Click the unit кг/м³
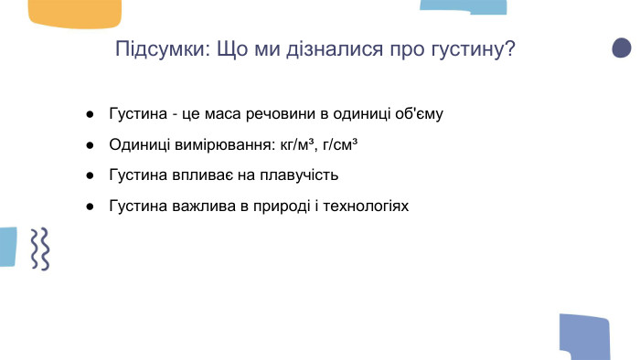tap(292, 145)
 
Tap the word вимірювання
tap(215, 145)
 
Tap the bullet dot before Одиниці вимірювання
tap(91, 145)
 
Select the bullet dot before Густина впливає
tap(91, 175)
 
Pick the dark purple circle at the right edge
tap(622, 48)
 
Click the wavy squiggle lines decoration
tap(38, 248)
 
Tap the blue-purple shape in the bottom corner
tap(584, 336)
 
